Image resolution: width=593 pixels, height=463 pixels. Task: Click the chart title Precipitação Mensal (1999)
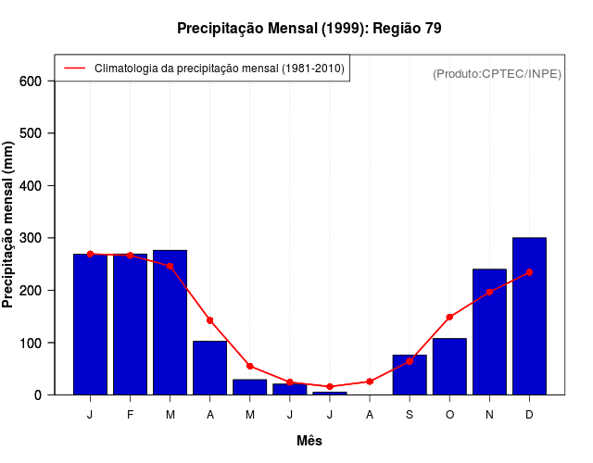[309, 29]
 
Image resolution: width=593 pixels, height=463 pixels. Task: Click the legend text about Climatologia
[220, 69]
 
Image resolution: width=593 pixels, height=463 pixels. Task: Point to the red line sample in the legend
[74, 69]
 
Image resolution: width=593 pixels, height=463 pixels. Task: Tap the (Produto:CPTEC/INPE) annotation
[497, 73]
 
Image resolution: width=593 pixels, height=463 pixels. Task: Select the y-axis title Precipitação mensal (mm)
[9, 224]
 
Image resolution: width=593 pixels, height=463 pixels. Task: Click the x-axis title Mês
[309, 441]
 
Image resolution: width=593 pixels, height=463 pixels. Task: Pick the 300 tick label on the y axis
[32, 238]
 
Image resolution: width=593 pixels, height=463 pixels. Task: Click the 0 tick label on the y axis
[38, 395]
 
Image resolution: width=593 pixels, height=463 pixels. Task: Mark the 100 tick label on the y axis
[32, 343]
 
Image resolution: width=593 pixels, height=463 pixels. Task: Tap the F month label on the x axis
[130, 415]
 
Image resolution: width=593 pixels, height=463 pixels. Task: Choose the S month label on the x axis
[410, 415]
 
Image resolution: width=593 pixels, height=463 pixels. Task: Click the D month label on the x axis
[529, 415]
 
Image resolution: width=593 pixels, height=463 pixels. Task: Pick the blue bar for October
[449, 367]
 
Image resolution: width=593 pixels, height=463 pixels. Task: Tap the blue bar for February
[130, 324]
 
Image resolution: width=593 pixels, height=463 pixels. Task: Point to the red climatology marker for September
[410, 361]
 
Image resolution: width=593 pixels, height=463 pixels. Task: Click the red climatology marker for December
[529, 272]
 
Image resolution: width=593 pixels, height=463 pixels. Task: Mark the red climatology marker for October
[449, 317]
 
